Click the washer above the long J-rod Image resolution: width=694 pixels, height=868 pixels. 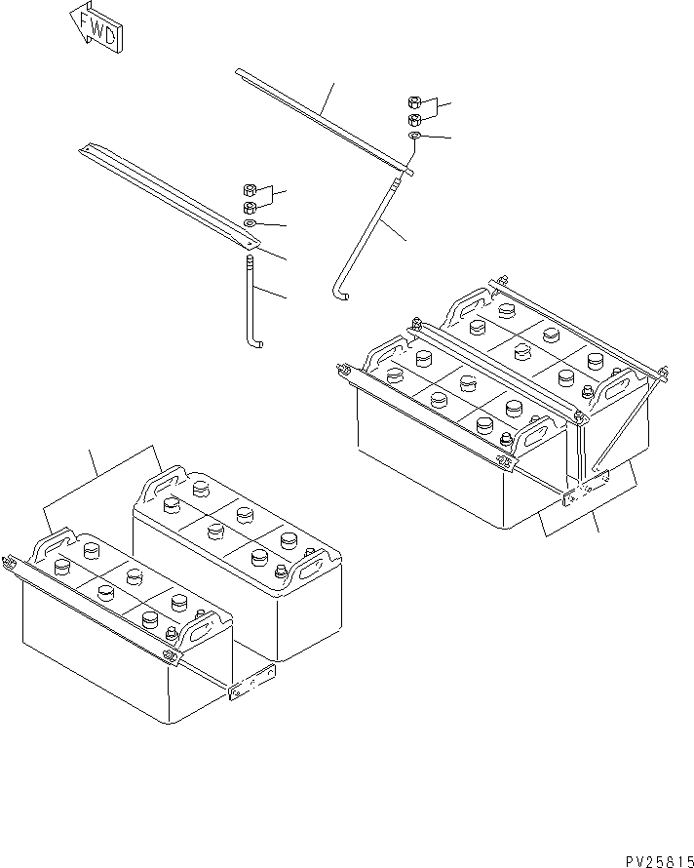coord(415,137)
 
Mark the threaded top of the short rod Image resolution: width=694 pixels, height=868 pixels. coord(250,263)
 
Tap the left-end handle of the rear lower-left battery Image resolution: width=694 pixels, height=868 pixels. coord(165,480)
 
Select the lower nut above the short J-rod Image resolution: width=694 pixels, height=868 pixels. coord(249,207)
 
